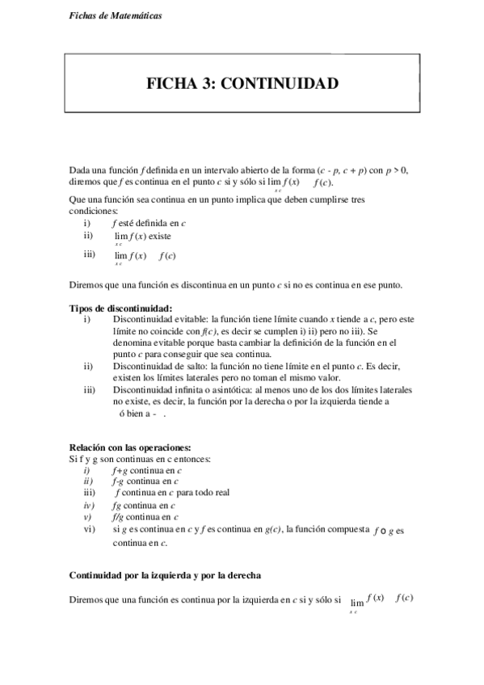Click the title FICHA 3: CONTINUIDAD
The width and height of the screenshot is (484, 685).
242,84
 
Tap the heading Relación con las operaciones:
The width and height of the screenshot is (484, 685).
130,447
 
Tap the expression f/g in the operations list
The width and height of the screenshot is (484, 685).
120,516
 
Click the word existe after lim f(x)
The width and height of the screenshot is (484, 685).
160,237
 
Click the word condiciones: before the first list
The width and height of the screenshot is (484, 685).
95,210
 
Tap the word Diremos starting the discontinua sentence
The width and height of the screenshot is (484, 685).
86,284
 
